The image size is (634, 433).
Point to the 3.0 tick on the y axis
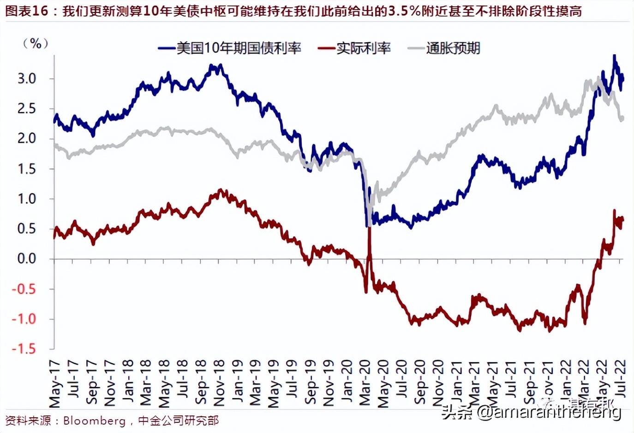click(x=27, y=79)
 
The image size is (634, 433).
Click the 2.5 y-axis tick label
click(x=27, y=109)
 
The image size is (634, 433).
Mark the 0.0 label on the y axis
click(x=27, y=259)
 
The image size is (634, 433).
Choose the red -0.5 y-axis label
click(x=24, y=289)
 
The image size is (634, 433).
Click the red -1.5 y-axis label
click(x=24, y=349)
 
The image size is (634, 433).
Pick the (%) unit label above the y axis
click(x=36, y=44)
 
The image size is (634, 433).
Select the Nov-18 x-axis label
click(x=219, y=383)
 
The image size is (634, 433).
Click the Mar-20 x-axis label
click(x=365, y=383)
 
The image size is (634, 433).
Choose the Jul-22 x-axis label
click(x=621, y=379)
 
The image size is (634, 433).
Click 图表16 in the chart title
click(x=26, y=11)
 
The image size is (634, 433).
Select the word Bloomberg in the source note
click(x=94, y=421)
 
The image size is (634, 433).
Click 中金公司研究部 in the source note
click(x=178, y=421)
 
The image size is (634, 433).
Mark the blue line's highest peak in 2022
click(x=614, y=56)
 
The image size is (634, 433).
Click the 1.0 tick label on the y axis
click(x=27, y=199)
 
